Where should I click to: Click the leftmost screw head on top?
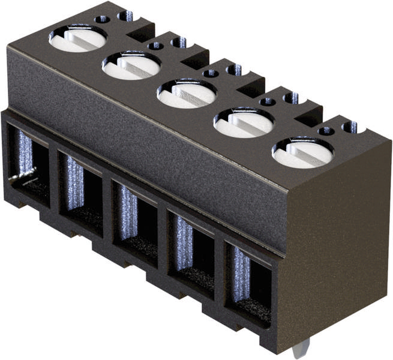tap(77, 38)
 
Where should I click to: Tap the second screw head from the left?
tap(131, 65)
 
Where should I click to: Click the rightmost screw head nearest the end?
tap(302, 152)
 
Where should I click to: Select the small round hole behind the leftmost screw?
tap(103, 19)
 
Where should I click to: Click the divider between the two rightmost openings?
tap(220, 264)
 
